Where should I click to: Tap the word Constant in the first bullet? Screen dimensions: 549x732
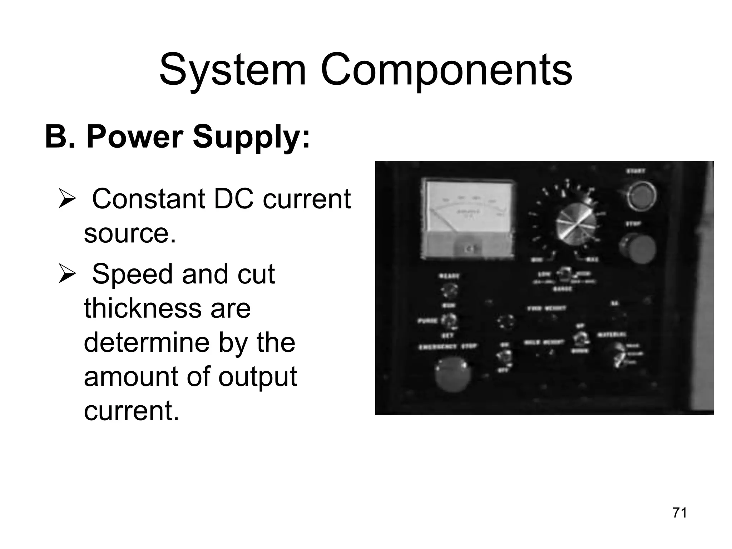[148, 199]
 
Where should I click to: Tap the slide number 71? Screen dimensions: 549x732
[679, 513]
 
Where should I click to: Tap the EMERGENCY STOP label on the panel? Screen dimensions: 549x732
[448, 346]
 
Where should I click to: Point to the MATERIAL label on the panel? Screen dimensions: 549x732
[612, 335]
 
